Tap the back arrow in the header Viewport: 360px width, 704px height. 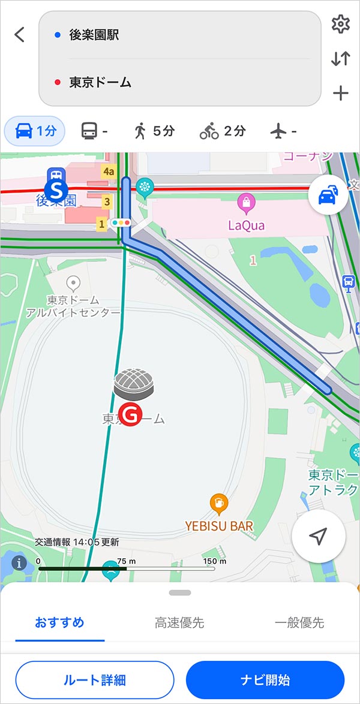tap(20, 35)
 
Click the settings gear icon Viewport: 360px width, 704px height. tap(340, 25)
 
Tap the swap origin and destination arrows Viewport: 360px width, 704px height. tap(340, 59)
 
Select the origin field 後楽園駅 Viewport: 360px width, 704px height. tap(180, 35)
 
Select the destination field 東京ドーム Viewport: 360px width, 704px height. tap(180, 83)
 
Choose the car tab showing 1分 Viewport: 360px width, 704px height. tap(35, 131)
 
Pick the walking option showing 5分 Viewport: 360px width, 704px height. tap(154, 131)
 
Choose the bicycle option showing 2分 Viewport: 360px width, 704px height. tap(223, 131)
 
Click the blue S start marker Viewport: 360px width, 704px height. tap(57, 191)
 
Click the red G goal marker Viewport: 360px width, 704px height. tap(130, 414)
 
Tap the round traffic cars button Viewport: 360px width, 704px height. tap(328, 195)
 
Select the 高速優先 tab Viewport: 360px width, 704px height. tap(179, 622)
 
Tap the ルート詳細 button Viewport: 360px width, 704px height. tap(94, 680)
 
